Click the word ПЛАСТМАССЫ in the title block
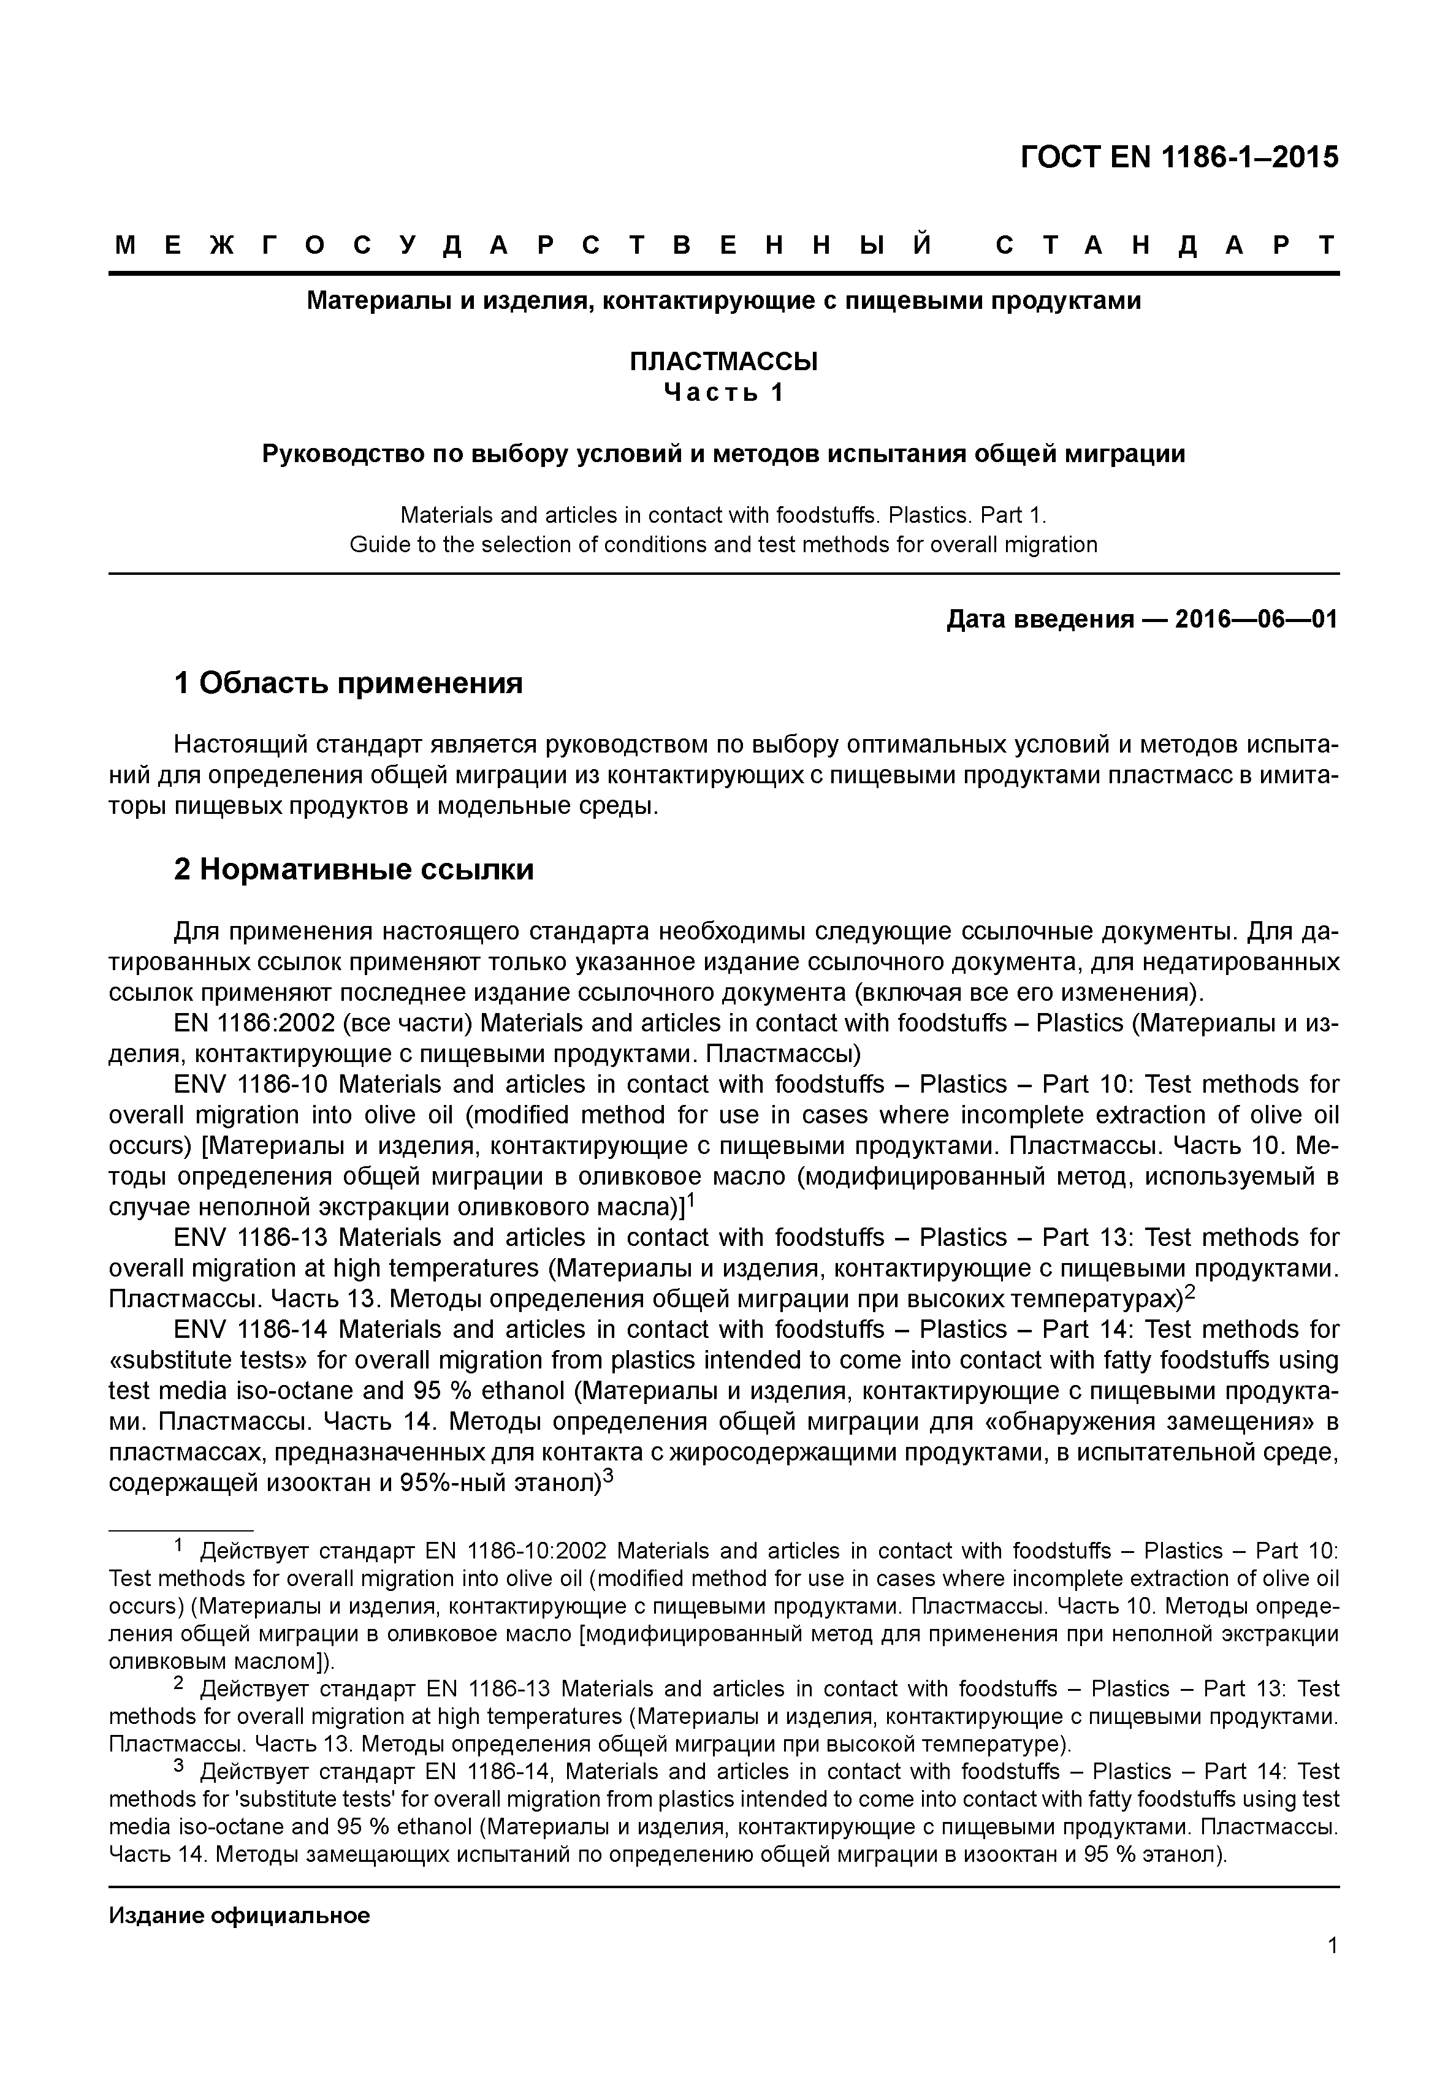(x=723, y=362)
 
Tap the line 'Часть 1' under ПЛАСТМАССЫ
(x=723, y=393)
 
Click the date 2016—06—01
(x=1256, y=620)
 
